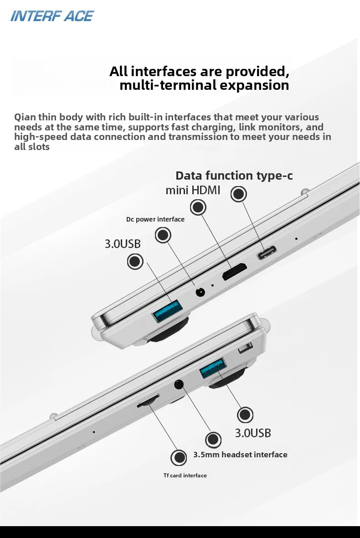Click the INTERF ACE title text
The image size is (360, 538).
tap(52, 16)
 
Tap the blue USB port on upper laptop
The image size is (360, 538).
tap(167, 311)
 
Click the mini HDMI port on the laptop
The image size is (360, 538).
tap(235, 271)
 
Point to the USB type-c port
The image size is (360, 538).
tap(267, 252)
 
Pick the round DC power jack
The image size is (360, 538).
tap(200, 292)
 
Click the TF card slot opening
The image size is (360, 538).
tap(148, 401)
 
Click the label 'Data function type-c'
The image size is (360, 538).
tap(234, 176)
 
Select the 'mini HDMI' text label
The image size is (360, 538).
tap(193, 190)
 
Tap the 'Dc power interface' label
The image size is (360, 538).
tap(155, 219)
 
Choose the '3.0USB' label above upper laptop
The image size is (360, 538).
tap(123, 244)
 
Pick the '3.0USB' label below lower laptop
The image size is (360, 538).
tap(253, 433)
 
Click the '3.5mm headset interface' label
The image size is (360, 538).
tap(240, 455)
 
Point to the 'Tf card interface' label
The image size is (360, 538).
tap(185, 476)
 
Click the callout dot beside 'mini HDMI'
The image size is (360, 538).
tap(198, 207)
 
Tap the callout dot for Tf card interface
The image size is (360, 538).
tap(179, 457)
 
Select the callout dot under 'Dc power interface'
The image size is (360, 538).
tap(163, 235)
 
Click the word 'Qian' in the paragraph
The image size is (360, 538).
tap(25, 117)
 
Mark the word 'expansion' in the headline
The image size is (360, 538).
tap(254, 85)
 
